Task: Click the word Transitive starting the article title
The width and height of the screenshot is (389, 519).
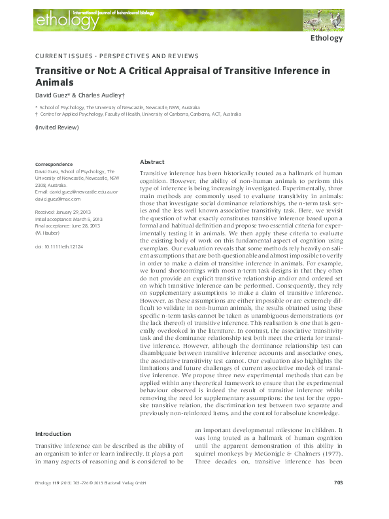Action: [x=58, y=71]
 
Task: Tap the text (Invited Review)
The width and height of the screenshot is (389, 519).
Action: [x=57, y=127]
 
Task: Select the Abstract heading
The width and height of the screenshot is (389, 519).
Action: [x=152, y=161]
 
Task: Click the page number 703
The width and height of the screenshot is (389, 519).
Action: [x=338, y=501]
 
